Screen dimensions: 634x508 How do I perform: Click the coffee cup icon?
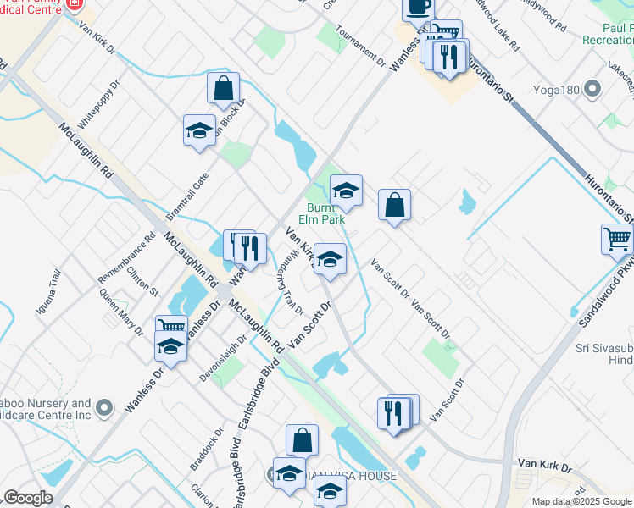pos(418,8)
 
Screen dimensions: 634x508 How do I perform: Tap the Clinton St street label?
pos(142,278)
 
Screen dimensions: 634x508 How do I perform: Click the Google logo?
pos(28,498)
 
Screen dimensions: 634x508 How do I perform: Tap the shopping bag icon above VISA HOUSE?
pos(302,440)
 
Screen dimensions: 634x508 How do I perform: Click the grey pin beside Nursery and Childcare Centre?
pos(103,408)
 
